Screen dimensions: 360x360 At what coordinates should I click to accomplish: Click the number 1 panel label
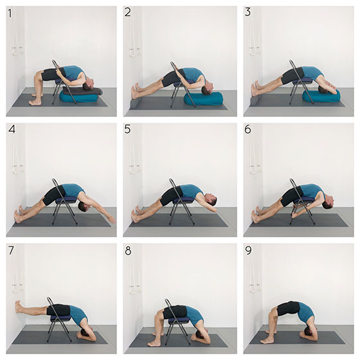pos(10,14)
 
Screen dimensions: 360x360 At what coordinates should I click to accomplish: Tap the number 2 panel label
pos(128,12)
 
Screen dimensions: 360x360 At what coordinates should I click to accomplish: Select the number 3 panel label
pos(248,12)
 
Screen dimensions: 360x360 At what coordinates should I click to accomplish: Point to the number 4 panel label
pos(12,129)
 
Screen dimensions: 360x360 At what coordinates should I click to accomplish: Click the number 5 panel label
pos(127,129)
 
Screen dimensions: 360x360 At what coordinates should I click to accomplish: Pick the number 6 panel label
pos(248,129)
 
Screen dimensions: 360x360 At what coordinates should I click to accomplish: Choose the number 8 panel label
pos(128,251)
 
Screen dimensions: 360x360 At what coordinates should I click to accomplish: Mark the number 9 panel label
pos(248,251)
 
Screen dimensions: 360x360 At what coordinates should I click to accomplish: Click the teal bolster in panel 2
pos(203,99)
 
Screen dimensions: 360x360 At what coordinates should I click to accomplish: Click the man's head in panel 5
pos(212,199)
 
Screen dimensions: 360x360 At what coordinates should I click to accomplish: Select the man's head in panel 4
pos(83,206)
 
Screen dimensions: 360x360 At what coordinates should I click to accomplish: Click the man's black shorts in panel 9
pos(288,309)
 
